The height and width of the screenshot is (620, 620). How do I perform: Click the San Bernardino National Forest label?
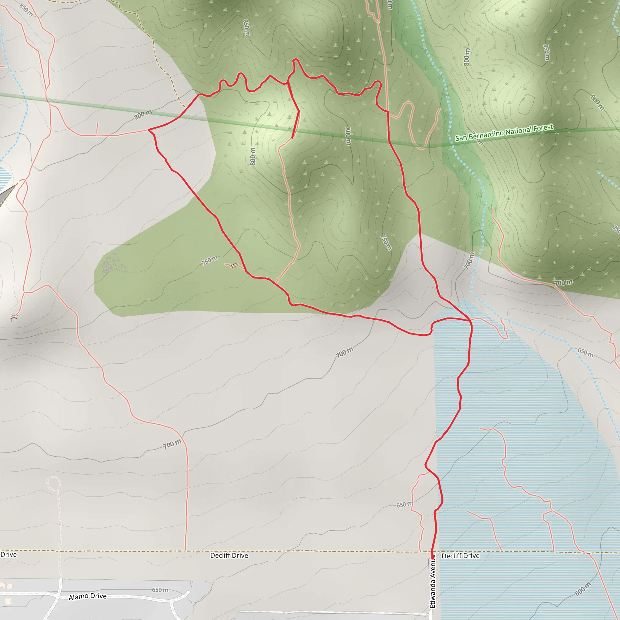[504, 132]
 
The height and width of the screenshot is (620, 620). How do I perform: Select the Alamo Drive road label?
[87, 596]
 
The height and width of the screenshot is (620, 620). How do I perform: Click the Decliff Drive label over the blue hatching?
[460, 556]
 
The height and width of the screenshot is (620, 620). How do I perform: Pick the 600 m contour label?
[582, 589]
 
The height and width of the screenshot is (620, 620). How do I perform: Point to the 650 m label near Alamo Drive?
[160, 590]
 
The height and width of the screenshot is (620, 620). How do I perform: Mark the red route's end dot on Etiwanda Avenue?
[433, 556]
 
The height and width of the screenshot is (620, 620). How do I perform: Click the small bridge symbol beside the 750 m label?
[234, 265]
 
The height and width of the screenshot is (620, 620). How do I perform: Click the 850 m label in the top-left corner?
[26, 10]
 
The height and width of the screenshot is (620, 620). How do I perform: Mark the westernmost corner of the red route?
[149, 130]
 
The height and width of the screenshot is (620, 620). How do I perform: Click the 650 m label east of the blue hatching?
[586, 352]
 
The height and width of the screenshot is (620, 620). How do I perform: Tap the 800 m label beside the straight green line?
[143, 114]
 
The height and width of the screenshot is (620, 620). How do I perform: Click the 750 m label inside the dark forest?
[386, 242]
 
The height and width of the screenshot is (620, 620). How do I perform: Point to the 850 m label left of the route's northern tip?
[246, 28]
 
